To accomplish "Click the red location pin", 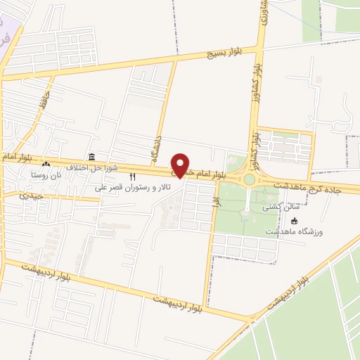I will [181, 165].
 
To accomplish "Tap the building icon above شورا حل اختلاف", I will [91, 157].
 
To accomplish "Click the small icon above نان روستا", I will [46, 164].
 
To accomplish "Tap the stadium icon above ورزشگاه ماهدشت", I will [294, 220].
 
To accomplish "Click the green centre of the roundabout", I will [250, 179].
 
